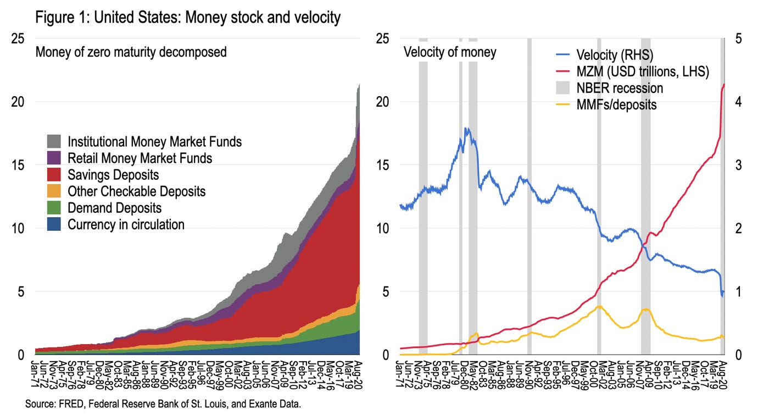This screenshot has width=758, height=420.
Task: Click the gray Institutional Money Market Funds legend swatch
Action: [x=54, y=141]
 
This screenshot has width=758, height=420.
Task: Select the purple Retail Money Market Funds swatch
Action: [x=54, y=158]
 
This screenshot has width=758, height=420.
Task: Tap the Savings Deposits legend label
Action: [x=113, y=175]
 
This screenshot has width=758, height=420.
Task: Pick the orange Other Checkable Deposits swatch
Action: [x=54, y=191]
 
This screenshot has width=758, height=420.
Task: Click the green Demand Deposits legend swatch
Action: [x=54, y=208]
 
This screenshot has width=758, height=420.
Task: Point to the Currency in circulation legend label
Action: [x=126, y=224]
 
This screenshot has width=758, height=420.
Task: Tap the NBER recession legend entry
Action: [x=620, y=88]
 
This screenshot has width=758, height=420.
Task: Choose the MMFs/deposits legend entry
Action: [x=616, y=104]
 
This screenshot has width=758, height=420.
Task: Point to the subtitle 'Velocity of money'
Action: [x=450, y=53]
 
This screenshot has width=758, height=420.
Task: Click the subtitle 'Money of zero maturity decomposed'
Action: [x=131, y=53]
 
